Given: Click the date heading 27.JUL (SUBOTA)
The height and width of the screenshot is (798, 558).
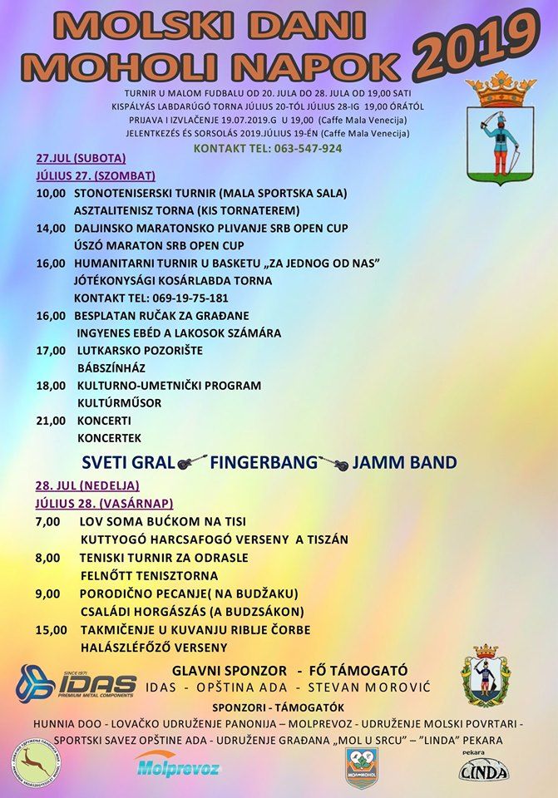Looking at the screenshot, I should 81,158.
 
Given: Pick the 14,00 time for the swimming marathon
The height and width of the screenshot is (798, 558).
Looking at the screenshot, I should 51,228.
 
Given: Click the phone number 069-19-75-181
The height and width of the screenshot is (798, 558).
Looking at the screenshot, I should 151,298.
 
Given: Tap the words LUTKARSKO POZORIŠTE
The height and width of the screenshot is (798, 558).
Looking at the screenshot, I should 139,351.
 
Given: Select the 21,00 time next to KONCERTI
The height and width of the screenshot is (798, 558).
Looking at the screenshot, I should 51,421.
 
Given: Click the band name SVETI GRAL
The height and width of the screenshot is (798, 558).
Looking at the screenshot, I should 128,462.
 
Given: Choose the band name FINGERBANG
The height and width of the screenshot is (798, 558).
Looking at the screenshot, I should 264,462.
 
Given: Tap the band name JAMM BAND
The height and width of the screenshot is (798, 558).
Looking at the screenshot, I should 404,462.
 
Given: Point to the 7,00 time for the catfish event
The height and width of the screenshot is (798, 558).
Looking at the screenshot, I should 48,521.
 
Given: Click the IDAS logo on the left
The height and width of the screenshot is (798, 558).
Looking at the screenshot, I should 77,684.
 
